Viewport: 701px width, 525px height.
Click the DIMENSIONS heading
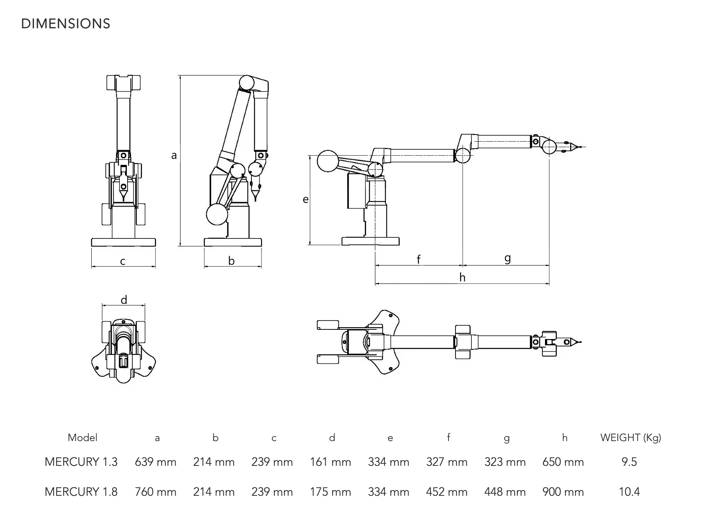(65, 24)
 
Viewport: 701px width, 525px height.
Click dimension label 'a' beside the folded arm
(174, 156)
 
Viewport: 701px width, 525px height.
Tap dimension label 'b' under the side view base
(231, 261)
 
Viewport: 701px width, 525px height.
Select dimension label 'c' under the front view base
(123, 261)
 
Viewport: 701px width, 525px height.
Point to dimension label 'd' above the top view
(124, 299)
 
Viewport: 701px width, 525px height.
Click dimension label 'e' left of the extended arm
(305, 199)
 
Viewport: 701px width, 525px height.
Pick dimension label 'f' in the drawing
(419, 260)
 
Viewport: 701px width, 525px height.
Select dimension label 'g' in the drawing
(508, 258)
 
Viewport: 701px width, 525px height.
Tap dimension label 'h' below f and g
(462, 277)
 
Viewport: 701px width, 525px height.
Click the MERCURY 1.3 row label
(81, 462)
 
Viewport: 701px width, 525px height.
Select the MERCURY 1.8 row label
(81, 492)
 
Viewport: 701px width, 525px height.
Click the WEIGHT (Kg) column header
(630, 438)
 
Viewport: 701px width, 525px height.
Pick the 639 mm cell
(155, 462)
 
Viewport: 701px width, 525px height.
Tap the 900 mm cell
(563, 492)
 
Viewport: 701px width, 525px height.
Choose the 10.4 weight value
(629, 492)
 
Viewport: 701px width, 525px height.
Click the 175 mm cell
(330, 492)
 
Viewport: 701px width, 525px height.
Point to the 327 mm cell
(447, 462)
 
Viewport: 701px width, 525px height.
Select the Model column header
(82, 438)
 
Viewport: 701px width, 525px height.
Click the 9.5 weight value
(629, 462)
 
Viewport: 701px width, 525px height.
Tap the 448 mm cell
(505, 492)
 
